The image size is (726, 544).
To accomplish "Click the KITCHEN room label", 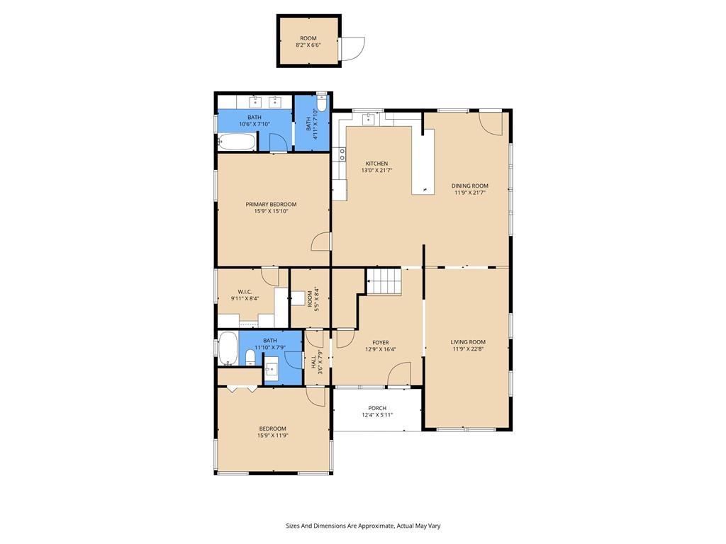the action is (376, 164).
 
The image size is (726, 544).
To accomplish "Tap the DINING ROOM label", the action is (469, 186).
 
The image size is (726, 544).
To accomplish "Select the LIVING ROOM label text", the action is (468, 342).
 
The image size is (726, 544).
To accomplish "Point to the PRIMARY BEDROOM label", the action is (271, 205).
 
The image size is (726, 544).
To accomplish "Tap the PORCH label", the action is (377, 409).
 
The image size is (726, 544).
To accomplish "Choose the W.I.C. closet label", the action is (245, 292).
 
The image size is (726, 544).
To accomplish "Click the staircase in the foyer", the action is (384, 280).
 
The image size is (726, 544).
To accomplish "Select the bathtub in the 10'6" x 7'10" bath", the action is (236, 142).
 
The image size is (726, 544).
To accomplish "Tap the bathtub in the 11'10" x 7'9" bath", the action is (228, 348).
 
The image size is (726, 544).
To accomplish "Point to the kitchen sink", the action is (369, 118).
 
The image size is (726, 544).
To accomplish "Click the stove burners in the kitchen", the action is (342, 154).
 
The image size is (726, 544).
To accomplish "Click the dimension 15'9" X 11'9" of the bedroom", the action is (273, 436).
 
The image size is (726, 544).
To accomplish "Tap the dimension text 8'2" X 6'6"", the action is (308, 45).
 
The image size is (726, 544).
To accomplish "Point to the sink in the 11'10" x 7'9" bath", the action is (272, 369).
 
